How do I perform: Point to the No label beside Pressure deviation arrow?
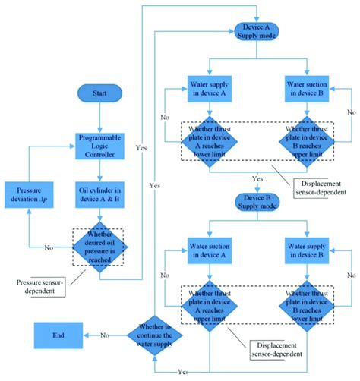[x=49, y=247]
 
